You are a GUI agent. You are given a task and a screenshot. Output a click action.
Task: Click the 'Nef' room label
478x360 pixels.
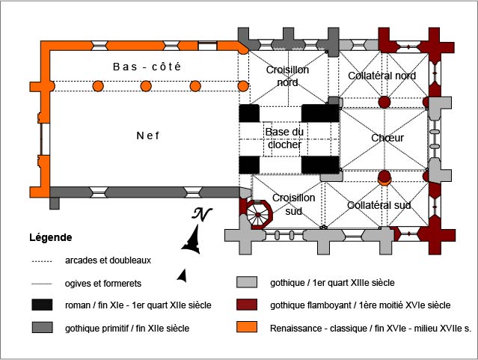(149, 135)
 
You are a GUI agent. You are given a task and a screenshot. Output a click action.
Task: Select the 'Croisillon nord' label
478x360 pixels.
(287, 76)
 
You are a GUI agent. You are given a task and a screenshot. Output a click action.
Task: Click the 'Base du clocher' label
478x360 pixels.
(284, 138)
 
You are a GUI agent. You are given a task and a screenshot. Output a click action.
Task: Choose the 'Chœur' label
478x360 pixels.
(387, 138)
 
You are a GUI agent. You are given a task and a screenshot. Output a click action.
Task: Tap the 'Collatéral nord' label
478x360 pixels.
(382, 76)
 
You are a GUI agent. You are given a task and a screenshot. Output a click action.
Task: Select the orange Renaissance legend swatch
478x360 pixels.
(247, 327)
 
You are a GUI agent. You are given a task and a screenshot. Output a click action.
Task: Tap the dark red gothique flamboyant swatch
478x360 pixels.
(247, 305)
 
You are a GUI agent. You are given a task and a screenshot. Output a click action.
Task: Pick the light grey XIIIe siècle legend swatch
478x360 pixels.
(247, 283)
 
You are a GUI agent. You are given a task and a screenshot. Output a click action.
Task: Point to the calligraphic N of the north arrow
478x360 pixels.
(200, 214)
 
